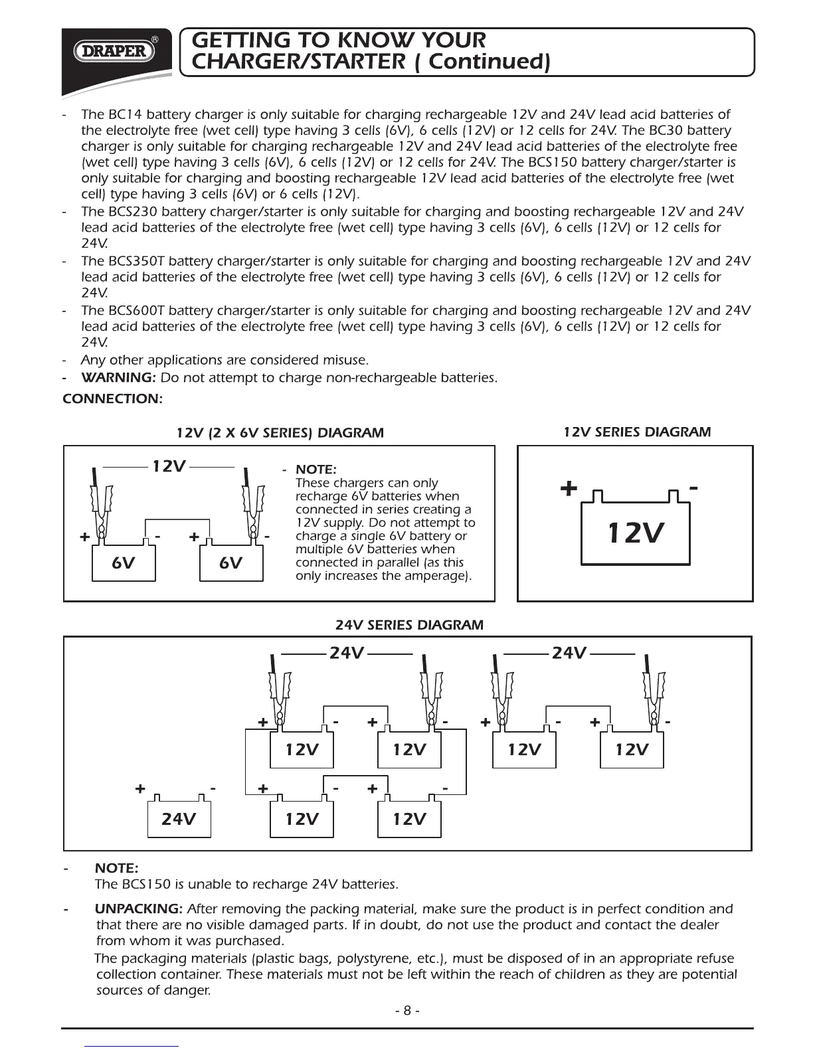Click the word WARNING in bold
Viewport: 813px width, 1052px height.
click(x=117, y=378)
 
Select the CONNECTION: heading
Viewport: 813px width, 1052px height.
click(x=112, y=399)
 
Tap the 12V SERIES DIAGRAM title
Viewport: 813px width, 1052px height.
click(x=636, y=432)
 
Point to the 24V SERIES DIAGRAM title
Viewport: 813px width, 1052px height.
click(x=409, y=625)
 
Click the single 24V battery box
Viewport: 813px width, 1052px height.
click(x=179, y=818)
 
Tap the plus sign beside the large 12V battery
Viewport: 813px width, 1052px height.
click(x=569, y=489)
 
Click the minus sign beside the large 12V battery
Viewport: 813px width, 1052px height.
click(x=693, y=488)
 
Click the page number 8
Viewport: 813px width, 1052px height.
click(x=407, y=1010)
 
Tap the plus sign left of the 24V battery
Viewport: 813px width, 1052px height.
click(x=140, y=789)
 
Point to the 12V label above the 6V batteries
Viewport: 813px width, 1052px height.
click(x=169, y=466)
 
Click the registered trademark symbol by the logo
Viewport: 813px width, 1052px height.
click(x=155, y=40)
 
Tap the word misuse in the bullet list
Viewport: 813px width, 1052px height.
click(x=344, y=360)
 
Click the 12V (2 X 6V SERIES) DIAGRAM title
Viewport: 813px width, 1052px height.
click(x=280, y=433)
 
